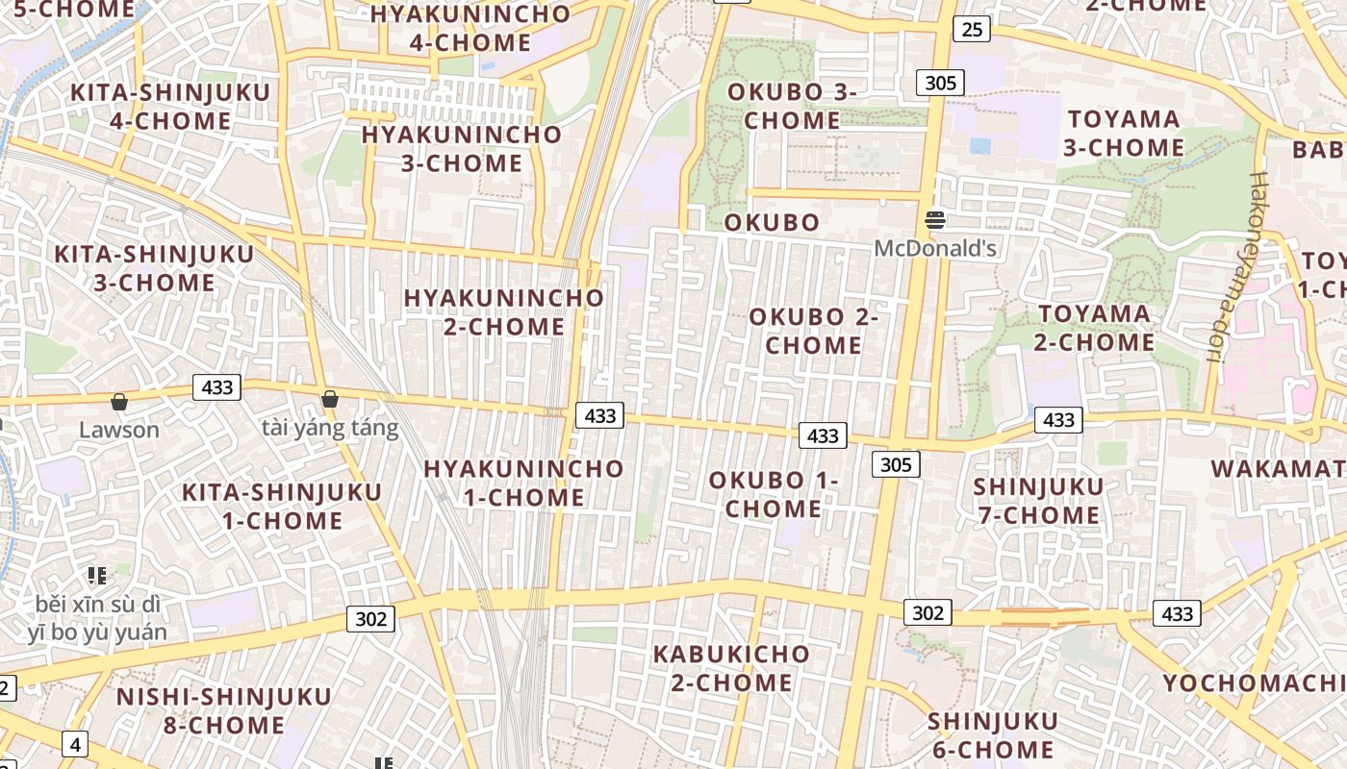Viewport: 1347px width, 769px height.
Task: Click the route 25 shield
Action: (x=972, y=30)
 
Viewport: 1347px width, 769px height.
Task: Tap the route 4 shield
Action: (x=75, y=744)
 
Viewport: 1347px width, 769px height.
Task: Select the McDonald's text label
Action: (x=934, y=249)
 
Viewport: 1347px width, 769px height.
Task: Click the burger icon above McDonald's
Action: (x=934, y=220)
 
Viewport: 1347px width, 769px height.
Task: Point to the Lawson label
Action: (x=119, y=430)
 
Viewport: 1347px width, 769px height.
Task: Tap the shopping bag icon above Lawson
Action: (x=119, y=401)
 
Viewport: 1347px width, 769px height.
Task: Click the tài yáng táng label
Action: (x=330, y=428)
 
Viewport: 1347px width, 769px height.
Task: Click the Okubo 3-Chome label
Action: (x=792, y=106)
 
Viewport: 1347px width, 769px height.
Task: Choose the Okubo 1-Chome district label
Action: (x=774, y=494)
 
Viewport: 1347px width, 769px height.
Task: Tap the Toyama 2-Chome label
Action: (x=1095, y=328)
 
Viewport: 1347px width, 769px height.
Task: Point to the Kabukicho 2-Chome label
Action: (x=731, y=668)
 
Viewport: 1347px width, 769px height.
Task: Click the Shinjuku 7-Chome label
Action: (x=1039, y=501)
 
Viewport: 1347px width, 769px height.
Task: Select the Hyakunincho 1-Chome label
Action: (x=523, y=483)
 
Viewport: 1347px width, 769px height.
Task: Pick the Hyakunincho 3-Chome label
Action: (x=461, y=148)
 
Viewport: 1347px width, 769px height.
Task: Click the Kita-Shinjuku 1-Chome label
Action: (x=282, y=506)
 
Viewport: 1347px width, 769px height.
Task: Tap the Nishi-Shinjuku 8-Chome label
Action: (x=223, y=709)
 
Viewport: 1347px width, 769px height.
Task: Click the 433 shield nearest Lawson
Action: (x=217, y=387)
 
